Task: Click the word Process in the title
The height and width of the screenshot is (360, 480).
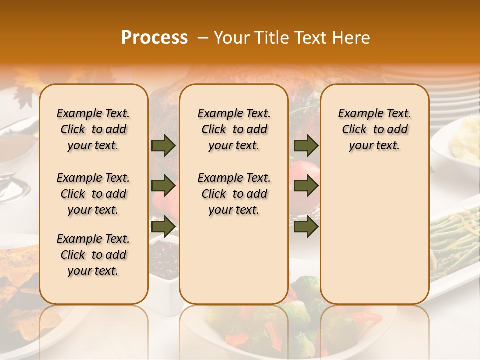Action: (x=154, y=38)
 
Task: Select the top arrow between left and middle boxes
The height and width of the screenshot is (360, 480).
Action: (x=163, y=146)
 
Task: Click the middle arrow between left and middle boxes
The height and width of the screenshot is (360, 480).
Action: (x=163, y=186)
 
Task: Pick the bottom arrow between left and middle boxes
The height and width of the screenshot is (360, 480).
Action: (x=163, y=227)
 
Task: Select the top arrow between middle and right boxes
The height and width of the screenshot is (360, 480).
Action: (x=306, y=146)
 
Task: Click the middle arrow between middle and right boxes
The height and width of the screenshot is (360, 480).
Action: (x=306, y=186)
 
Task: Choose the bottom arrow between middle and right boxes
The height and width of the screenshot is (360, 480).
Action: (x=306, y=227)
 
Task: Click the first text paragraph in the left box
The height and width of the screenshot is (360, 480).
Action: (x=93, y=129)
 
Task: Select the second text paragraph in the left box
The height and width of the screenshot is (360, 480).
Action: (x=93, y=194)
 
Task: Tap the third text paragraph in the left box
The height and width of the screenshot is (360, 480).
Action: (x=93, y=255)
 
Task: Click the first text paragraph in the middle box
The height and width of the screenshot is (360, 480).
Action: (x=234, y=129)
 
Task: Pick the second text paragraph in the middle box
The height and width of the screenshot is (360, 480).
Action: (x=234, y=194)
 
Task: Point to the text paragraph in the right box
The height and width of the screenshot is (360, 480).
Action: (x=375, y=129)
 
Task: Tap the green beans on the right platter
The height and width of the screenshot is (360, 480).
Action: (x=455, y=240)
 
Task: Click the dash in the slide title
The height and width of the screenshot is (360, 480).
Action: (x=203, y=38)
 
